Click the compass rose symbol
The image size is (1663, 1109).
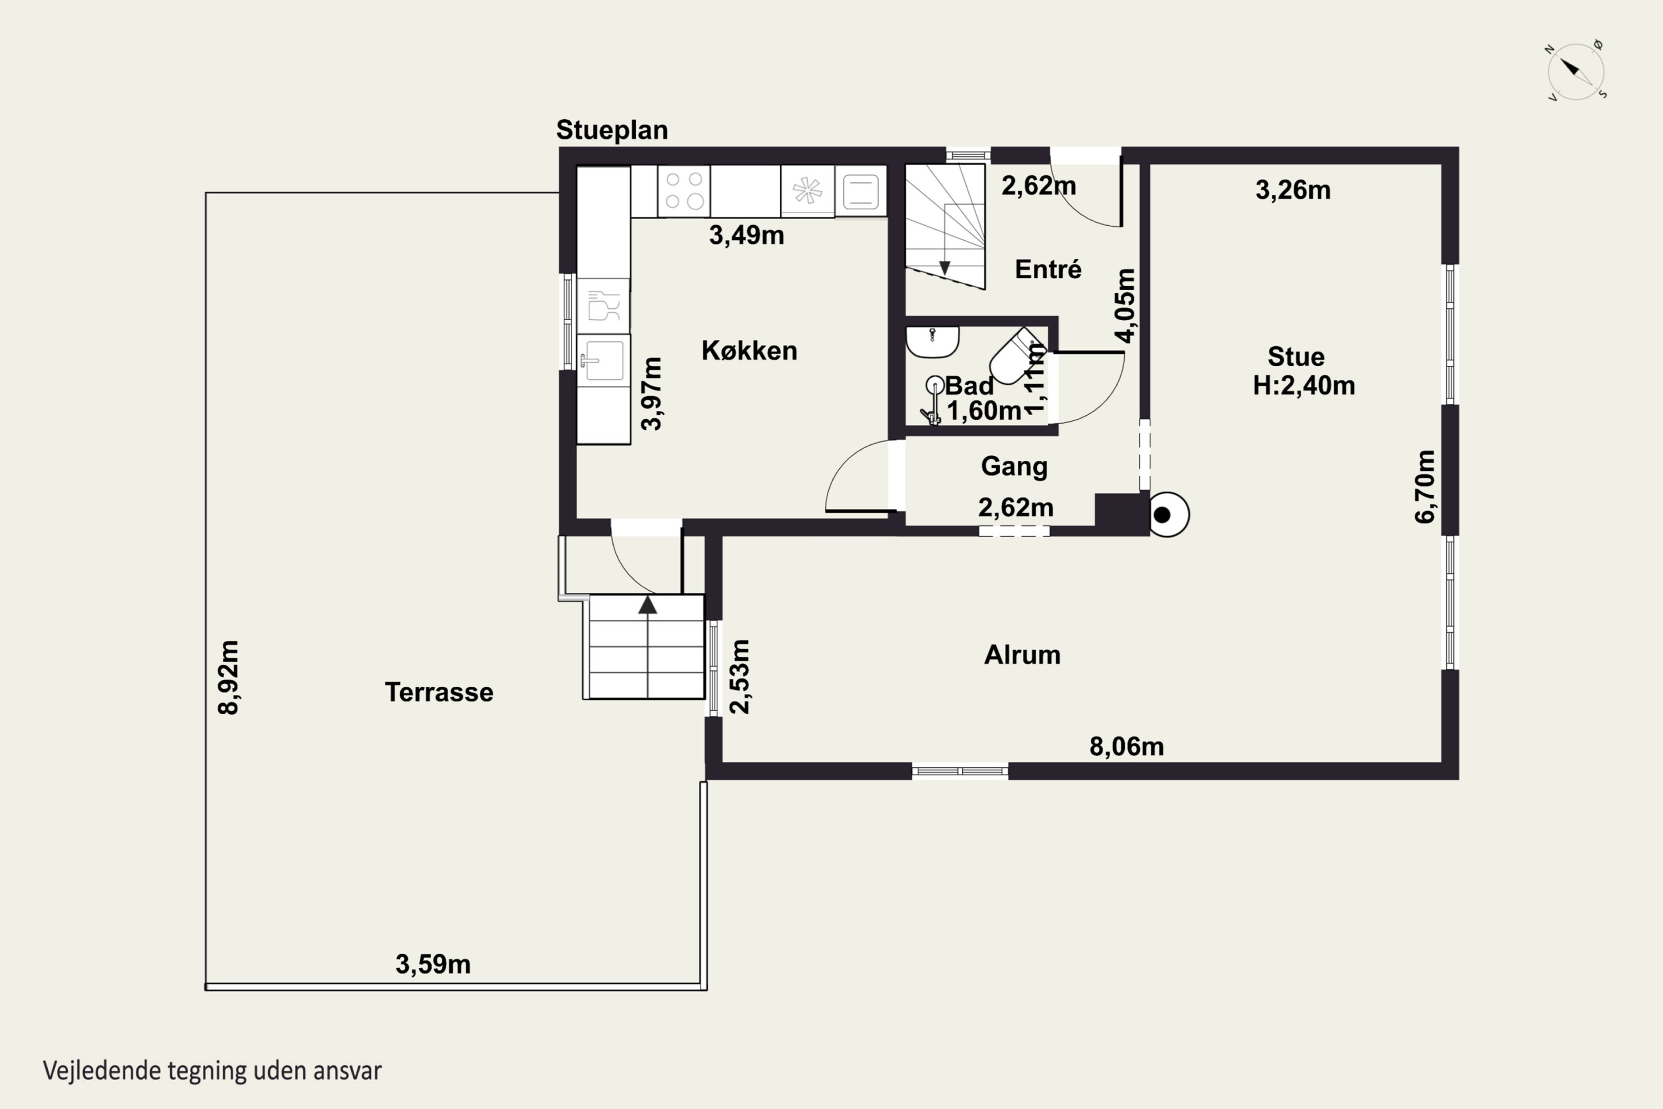(1576, 72)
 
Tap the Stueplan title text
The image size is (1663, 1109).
(611, 130)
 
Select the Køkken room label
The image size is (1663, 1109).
(749, 351)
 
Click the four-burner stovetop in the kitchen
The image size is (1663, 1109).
(683, 191)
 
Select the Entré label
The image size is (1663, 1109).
(1048, 269)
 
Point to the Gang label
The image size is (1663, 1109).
(1014, 467)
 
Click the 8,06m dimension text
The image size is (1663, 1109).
(1126, 747)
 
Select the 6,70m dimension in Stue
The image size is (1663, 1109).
(1425, 487)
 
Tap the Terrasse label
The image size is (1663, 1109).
(439, 693)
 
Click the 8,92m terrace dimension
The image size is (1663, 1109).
(228, 678)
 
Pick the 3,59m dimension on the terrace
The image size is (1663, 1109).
(433, 965)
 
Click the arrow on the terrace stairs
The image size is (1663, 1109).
(647, 605)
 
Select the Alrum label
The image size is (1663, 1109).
(1022, 655)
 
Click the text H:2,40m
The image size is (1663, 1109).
(1304, 385)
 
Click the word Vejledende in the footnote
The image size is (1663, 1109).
(102, 1071)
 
